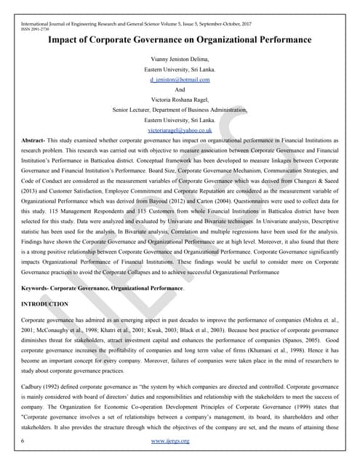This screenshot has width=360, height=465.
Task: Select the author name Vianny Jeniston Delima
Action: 180,59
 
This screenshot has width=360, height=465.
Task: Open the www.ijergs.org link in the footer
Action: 180,441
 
